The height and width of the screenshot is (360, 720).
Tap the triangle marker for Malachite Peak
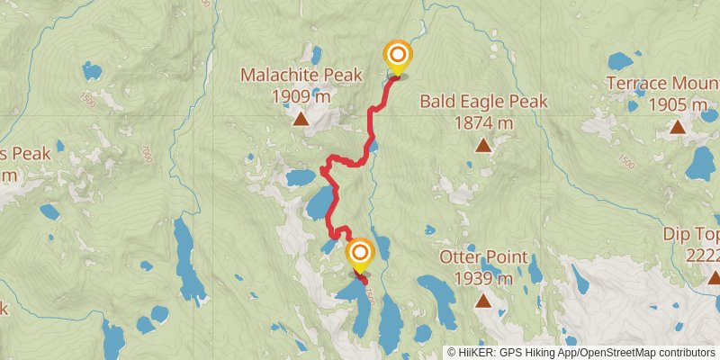point(300,118)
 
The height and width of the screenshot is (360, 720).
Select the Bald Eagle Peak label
point(483,101)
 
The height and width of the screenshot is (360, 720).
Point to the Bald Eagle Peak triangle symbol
point(483,144)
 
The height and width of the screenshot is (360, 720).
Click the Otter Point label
point(483,257)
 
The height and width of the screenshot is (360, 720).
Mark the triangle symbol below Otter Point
point(483,301)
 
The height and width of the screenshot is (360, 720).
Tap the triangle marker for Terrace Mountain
point(677,126)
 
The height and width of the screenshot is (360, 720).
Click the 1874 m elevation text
point(483,122)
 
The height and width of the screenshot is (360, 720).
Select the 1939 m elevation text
point(483,279)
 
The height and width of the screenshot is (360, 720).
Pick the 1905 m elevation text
point(678,104)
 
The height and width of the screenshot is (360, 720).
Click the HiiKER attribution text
point(511,353)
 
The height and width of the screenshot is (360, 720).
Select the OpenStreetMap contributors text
point(645,353)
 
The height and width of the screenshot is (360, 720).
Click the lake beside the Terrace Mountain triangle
point(700,165)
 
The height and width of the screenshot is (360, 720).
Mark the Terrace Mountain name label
point(662,83)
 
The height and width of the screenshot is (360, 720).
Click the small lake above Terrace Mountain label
point(619,61)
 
